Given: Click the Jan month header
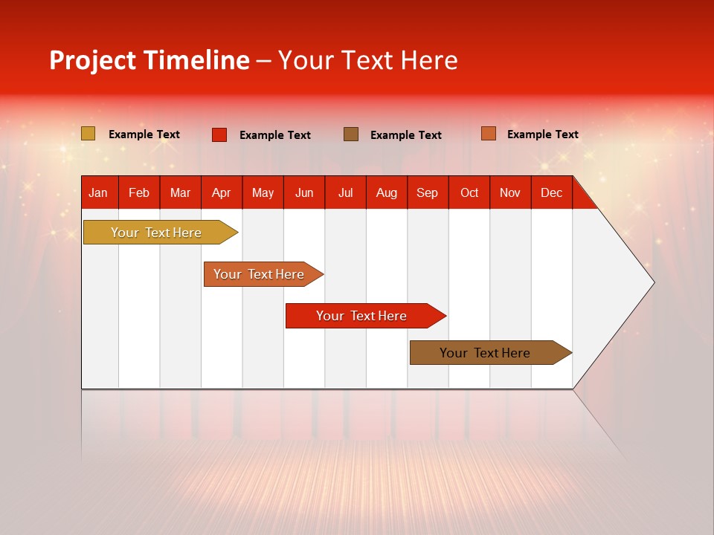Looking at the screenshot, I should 98,192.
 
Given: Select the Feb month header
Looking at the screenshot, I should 139,192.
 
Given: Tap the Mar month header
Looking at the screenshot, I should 180,192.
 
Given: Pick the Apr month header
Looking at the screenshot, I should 221,192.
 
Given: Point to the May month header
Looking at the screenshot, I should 263,192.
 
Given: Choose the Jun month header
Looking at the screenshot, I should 304,192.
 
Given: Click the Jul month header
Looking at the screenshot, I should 345,192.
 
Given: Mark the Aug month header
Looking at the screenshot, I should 386,192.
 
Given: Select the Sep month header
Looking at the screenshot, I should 427,192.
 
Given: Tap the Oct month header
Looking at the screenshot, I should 469,192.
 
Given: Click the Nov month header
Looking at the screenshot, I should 510,192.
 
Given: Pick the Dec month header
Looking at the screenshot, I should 551,192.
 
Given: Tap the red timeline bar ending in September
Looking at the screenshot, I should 362,316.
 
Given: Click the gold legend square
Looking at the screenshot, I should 88,134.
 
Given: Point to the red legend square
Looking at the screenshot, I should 219,134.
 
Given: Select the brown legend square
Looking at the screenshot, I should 351,134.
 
